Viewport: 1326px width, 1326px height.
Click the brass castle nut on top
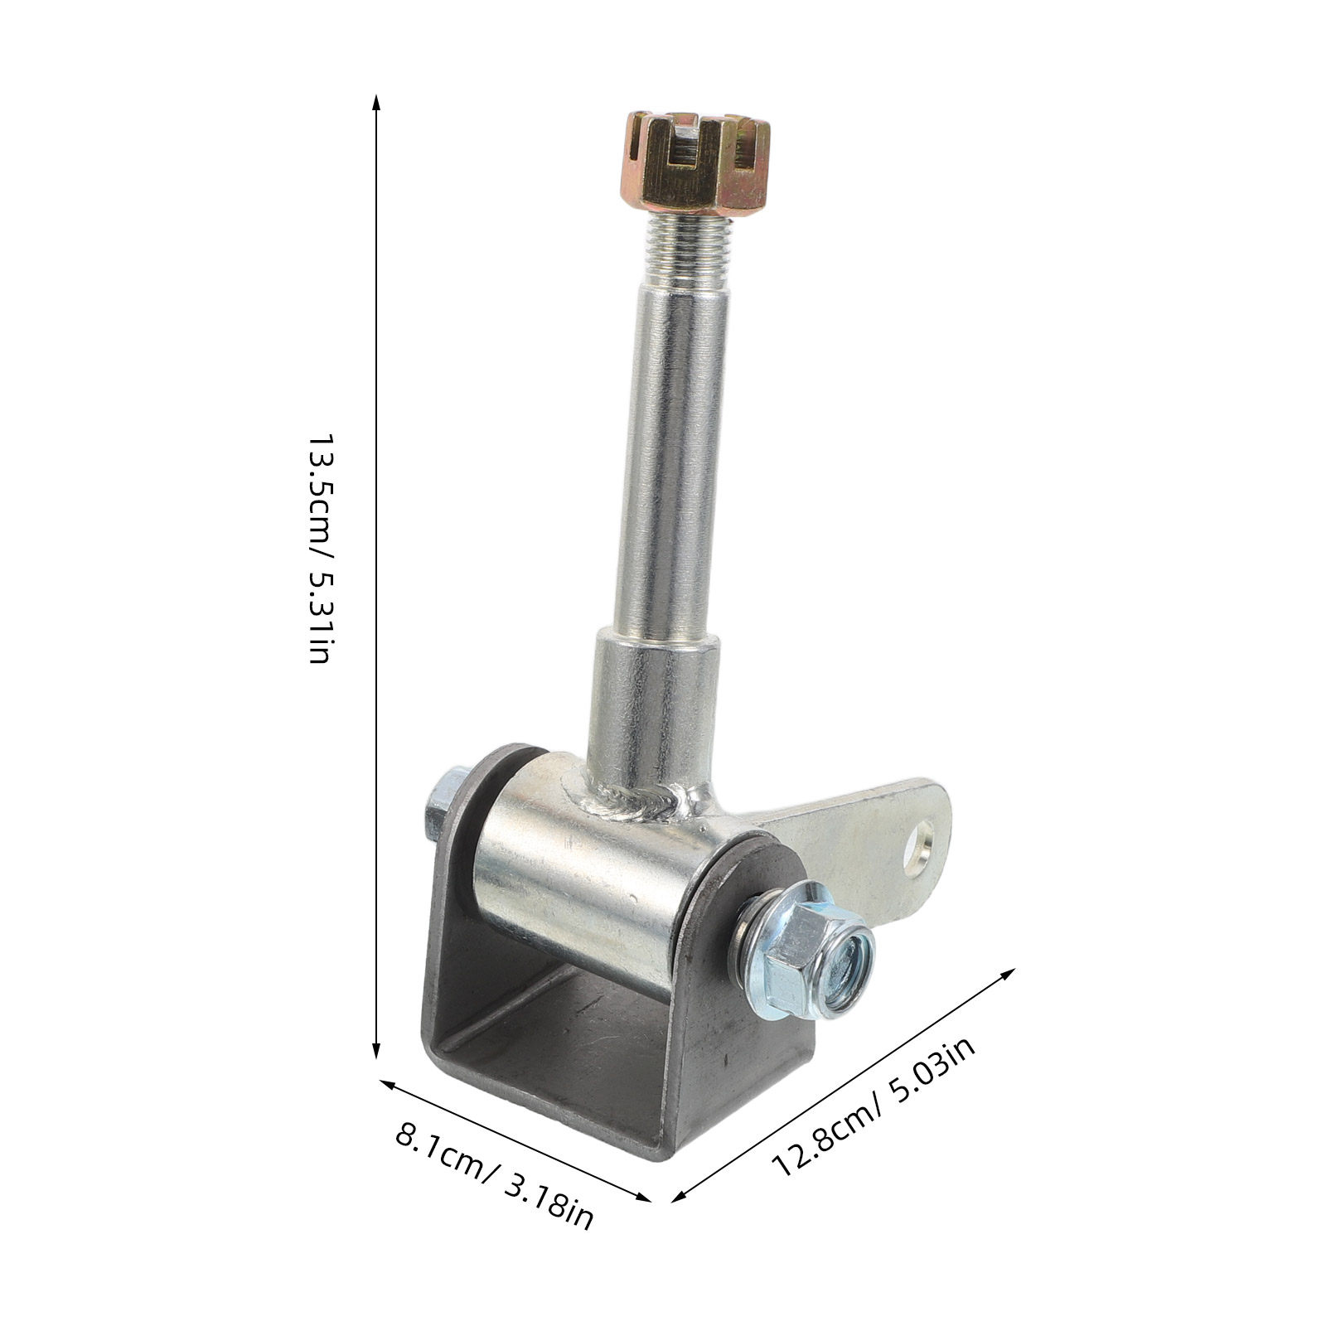[x=695, y=162]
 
